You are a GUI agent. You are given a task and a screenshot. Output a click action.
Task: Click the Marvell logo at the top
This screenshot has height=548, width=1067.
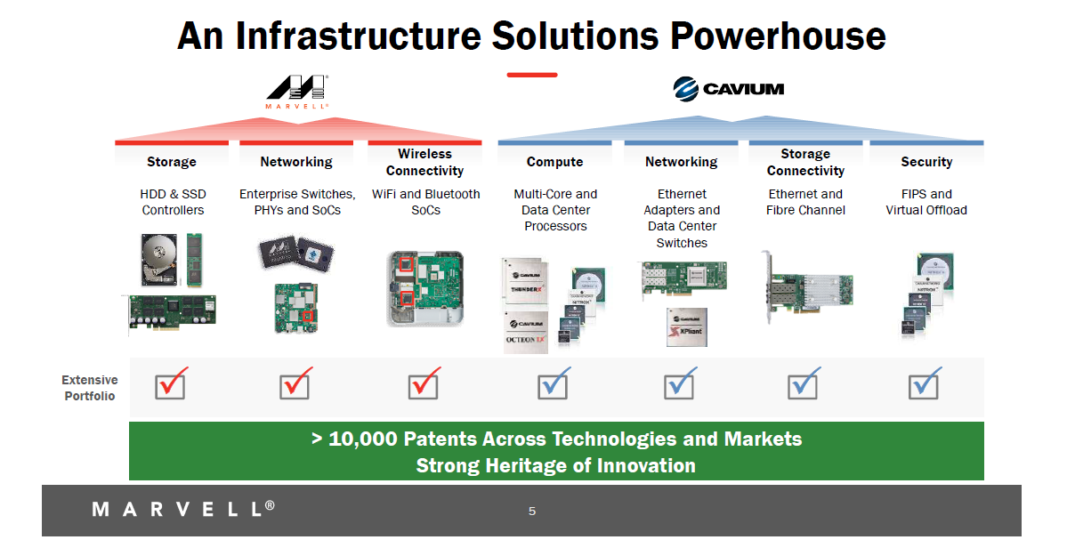(297, 91)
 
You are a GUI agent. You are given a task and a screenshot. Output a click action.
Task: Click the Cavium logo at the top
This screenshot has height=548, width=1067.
(728, 88)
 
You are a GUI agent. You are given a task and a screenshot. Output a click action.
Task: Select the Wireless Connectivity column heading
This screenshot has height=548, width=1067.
(424, 162)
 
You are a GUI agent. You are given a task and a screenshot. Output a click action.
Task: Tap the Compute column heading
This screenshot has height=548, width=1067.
(554, 162)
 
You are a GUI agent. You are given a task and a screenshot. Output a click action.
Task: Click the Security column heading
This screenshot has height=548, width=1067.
(926, 162)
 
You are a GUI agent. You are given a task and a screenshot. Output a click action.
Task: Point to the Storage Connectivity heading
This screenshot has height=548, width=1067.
(804, 162)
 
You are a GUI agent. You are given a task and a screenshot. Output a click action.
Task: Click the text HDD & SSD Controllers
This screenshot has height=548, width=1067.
(172, 202)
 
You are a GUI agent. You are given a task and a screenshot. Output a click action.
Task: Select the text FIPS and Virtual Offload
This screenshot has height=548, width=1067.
(926, 202)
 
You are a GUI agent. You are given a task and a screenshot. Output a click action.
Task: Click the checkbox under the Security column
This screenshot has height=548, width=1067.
(924, 384)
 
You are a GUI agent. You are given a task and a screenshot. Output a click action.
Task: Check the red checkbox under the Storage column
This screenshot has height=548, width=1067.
(171, 384)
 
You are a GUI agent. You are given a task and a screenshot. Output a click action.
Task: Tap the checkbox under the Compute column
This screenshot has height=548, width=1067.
(554, 384)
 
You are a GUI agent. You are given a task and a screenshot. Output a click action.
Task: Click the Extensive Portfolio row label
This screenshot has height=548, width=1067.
(89, 388)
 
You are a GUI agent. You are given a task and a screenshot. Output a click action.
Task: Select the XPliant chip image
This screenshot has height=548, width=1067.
(686, 327)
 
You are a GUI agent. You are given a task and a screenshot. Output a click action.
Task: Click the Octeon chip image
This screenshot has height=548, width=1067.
(525, 331)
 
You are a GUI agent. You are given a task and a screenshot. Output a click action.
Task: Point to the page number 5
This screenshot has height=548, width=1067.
(532, 512)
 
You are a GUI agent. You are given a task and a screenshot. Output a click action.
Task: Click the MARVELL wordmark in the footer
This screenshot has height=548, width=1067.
(183, 509)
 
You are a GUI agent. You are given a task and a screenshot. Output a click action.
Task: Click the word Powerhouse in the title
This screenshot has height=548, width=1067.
(777, 36)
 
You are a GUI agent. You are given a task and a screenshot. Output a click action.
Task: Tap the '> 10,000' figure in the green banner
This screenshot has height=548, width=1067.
(354, 439)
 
